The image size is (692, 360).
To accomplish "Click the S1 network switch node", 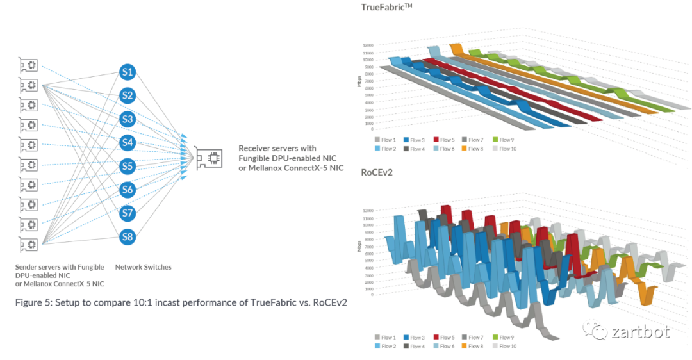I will point(128,72).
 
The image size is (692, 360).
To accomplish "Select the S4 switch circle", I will point(128,143).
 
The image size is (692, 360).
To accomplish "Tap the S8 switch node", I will point(128,237).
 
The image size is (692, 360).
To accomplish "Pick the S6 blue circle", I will point(128,190).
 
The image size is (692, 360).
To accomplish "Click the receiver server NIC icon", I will point(209,158).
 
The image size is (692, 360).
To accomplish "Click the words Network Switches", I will point(143,267).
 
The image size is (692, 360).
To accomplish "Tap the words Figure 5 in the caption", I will point(36,302).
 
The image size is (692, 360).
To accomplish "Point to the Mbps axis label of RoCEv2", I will point(359,246).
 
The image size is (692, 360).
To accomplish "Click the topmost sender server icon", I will point(28,65).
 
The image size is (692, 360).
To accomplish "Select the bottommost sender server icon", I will point(28,244).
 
